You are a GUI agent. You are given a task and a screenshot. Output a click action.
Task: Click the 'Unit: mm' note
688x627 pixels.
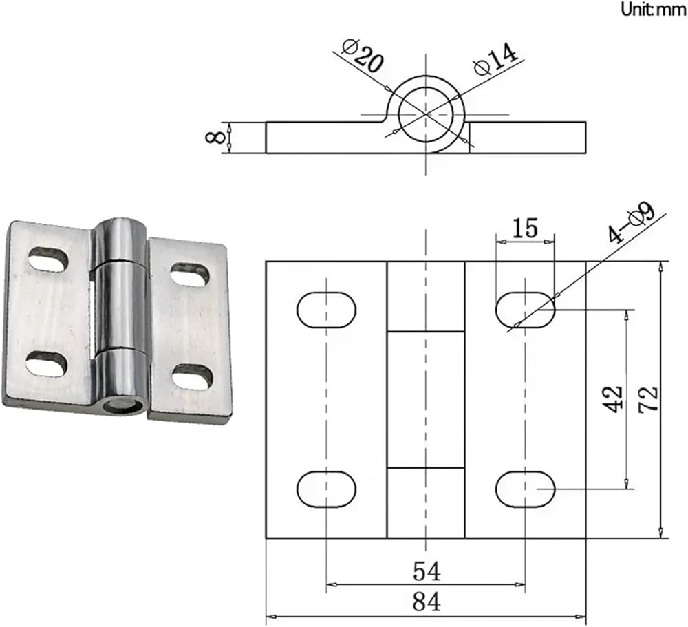coord(654,9)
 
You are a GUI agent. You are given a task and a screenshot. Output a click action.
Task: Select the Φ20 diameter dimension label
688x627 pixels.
coord(363,56)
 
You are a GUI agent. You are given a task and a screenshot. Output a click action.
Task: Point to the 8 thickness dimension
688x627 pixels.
coord(215,137)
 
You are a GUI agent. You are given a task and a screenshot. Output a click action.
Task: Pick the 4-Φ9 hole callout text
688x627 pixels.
coord(632,222)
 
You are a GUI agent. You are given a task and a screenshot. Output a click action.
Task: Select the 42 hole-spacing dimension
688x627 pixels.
coord(612,399)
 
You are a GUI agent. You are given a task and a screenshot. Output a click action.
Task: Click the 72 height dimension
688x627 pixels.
coord(648,399)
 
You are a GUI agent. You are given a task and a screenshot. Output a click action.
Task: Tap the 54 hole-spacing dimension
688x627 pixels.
coord(427,571)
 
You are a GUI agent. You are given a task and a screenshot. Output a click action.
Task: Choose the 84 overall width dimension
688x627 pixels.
coord(427,602)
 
